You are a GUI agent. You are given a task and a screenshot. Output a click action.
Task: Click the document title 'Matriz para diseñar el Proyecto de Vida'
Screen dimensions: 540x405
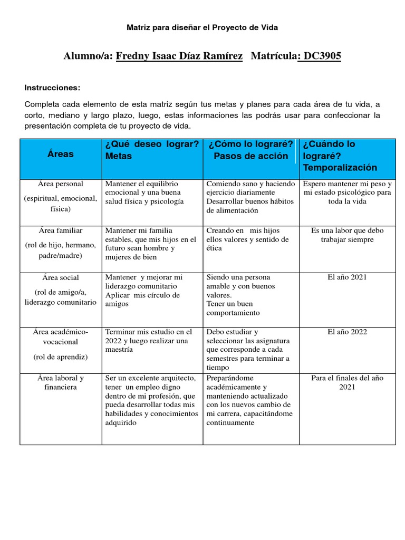[202, 27]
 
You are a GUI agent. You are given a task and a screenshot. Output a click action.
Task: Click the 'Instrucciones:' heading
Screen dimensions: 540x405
[52, 87]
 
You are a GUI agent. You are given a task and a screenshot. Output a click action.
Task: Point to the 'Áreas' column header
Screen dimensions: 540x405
[61, 154]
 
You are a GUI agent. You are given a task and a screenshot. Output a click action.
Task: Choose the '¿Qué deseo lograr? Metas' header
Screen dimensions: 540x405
[152, 150]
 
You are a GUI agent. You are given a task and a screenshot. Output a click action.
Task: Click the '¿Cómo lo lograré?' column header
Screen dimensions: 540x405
[251, 144]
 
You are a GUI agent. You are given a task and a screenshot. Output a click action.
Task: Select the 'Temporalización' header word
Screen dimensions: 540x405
[340, 168]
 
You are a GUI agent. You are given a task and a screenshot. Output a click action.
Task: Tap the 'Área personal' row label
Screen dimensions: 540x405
[61, 184]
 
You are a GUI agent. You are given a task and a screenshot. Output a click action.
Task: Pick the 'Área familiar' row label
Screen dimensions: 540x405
[61, 230]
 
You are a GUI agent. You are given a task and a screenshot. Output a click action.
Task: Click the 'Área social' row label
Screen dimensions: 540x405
[61, 277]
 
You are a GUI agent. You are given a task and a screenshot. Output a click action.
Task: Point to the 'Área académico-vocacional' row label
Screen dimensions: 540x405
[61, 336]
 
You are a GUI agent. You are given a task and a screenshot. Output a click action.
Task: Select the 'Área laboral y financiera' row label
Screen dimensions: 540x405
[61, 382]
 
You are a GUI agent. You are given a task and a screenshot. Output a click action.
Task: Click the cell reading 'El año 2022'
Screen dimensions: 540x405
[347, 332]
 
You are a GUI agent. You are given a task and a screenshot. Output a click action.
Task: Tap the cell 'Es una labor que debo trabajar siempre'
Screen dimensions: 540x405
[347, 235]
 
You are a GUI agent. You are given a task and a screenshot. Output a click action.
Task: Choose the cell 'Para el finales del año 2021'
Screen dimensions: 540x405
[347, 382]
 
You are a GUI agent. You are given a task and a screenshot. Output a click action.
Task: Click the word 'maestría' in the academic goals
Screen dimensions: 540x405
[119, 350]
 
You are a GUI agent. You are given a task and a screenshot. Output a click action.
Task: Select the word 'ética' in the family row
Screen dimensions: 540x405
[214, 248]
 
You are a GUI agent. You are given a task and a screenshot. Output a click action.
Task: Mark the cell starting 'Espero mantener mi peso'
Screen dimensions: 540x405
[347, 193]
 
